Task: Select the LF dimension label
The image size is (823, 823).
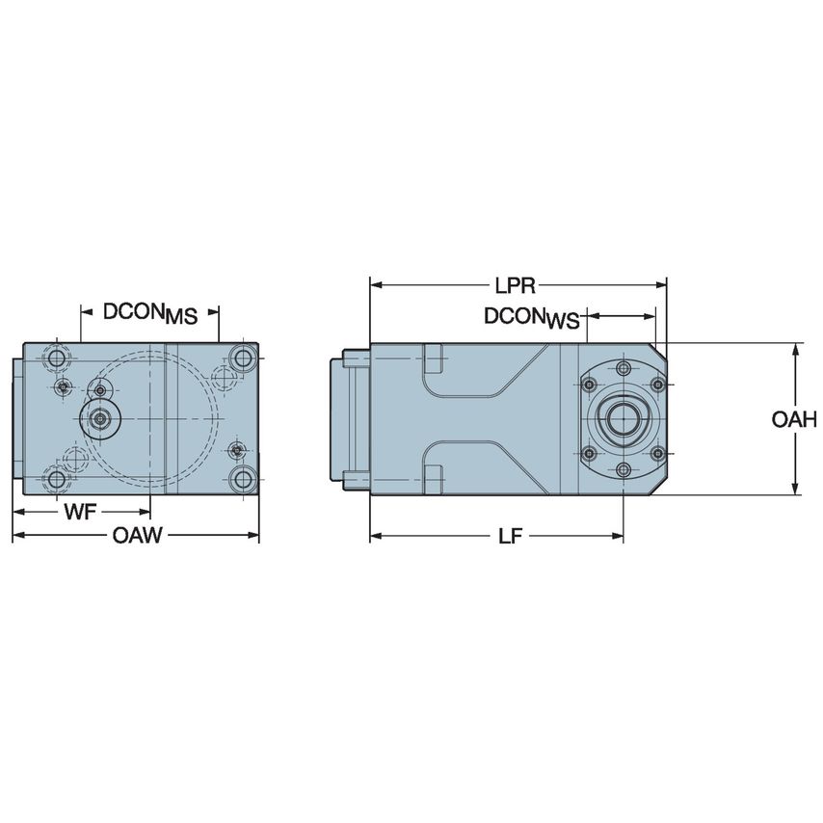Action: (510, 537)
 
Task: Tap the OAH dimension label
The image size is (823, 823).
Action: (795, 419)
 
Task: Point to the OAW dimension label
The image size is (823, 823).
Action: (137, 537)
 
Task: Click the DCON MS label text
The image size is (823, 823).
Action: (149, 312)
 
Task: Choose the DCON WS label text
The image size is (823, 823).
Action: (533, 318)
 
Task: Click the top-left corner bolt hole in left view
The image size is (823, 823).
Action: (58, 358)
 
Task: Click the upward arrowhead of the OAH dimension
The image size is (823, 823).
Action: (795, 349)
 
